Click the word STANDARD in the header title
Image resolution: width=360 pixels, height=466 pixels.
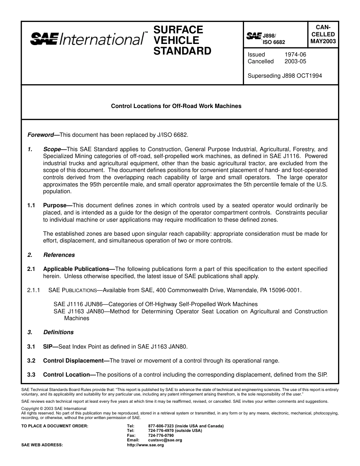[x=182, y=51]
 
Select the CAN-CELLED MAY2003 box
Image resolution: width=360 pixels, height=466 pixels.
[x=322, y=34]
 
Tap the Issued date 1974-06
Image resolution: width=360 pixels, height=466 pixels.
[x=295, y=55]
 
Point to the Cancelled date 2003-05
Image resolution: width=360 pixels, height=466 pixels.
[x=295, y=61]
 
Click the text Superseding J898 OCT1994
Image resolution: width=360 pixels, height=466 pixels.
[x=285, y=76]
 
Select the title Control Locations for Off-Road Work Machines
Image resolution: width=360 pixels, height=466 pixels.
[x=176, y=106]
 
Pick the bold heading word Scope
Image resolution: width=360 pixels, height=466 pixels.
[x=52, y=149]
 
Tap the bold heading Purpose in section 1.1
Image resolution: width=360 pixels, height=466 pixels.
[x=55, y=205]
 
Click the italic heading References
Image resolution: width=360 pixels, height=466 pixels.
[x=59, y=255]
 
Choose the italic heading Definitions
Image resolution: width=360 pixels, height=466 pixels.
[x=58, y=332]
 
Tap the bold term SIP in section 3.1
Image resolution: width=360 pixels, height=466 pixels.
[x=48, y=347]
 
